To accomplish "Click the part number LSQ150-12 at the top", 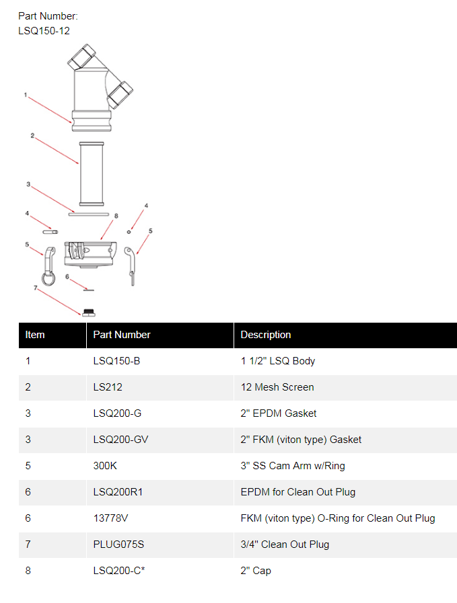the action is (44, 31).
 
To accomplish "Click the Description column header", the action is (266, 335).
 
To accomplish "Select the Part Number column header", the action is (122, 335).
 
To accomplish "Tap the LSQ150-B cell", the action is (116, 361).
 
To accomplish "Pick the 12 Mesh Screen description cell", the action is (277, 387).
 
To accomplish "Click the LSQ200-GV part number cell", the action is (120, 439).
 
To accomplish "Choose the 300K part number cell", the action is (105, 465).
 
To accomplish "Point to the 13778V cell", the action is (110, 518).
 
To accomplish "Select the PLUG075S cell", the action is (118, 544).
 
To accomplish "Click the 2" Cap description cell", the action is (256, 570).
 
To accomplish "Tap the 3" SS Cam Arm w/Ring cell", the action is (293, 465).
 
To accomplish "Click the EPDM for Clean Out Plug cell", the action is (298, 492).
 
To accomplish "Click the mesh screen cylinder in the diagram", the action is (92, 174).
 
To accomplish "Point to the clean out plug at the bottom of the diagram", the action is (89, 313).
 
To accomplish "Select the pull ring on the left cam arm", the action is (48, 279).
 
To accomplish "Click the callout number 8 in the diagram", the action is (116, 216).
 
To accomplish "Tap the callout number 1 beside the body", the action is (26, 95).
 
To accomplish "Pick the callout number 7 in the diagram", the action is (36, 288).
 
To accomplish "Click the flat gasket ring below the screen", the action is (89, 214).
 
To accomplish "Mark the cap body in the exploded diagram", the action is (90, 254).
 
